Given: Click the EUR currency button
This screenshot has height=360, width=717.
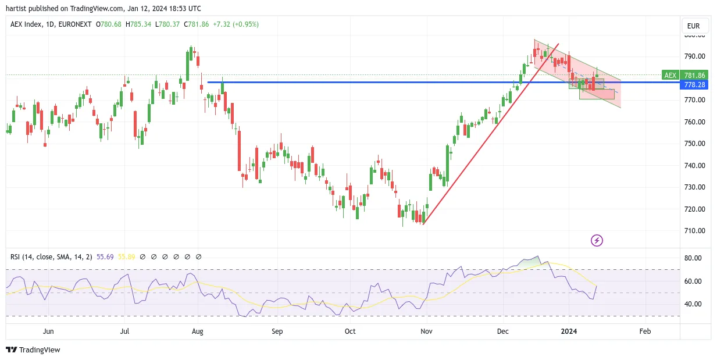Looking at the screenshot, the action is (x=693, y=26).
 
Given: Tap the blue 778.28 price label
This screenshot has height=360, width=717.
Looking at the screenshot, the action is (x=694, y=85).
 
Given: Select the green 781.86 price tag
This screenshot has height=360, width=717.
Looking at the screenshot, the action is (x=694, y=75).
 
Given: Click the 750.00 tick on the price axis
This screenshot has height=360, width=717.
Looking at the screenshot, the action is (x=694, y=144).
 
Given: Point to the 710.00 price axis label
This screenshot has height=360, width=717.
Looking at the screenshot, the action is (x=694, y=231).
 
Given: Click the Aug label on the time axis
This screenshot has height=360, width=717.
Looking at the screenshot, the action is (x=198, y=331).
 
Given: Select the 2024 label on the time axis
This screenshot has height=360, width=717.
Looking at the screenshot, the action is (x=569, y=331).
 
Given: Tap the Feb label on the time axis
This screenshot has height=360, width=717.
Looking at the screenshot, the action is (x=645, y=331).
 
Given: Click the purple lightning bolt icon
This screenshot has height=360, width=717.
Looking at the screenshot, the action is (x=597, y=240).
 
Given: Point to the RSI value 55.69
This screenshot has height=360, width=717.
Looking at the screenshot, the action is (x=105, y=257).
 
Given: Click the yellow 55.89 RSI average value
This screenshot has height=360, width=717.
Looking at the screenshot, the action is (x=126, y=257).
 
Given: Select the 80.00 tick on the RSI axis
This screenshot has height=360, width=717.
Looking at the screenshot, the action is (x=693, y=258).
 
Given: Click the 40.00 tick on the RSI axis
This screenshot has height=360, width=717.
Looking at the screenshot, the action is (x=693, y=304).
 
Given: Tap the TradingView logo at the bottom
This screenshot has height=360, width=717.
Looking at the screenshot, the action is (x=33, y=350).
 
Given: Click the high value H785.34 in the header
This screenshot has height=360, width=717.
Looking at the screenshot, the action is (x=138, y=24).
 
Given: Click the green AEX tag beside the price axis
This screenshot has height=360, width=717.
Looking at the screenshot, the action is (x=670, y=75).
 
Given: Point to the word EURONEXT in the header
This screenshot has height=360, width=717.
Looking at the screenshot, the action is (x=75, y=24).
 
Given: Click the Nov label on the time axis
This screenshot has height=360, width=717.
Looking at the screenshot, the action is (x=426, y=331).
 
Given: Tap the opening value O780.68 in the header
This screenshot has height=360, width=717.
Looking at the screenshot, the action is (x=109, y=24).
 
